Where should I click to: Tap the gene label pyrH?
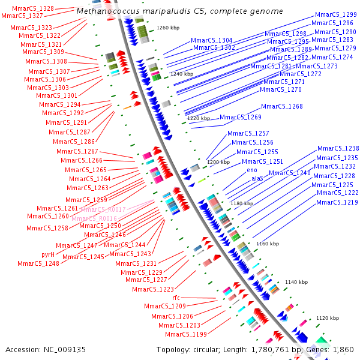point(48,254)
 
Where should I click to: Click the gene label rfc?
point(176,298)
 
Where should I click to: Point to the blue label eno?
point(252,170)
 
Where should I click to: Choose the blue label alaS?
point(257,179)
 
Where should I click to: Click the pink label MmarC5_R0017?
point(103,209)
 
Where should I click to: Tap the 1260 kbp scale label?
point(168,28)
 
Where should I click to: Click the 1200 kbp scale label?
point(218,162)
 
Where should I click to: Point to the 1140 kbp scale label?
point(296,282)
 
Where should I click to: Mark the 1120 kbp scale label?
point(328,318)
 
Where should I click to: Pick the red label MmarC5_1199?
point(186,334)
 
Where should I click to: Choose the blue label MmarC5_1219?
point(337,203)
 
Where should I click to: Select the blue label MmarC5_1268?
point(281,107)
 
